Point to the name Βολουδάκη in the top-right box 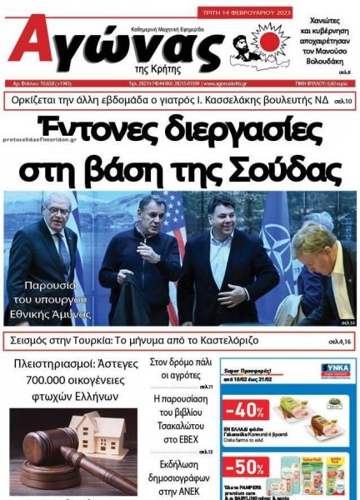click(327, 60)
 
